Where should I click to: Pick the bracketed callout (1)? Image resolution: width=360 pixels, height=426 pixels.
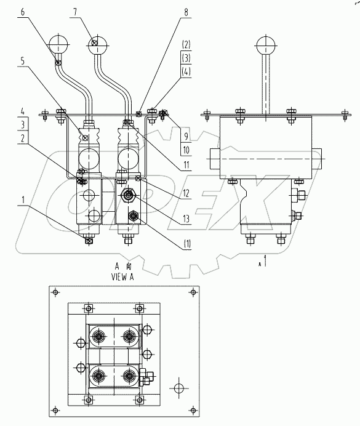186,244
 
